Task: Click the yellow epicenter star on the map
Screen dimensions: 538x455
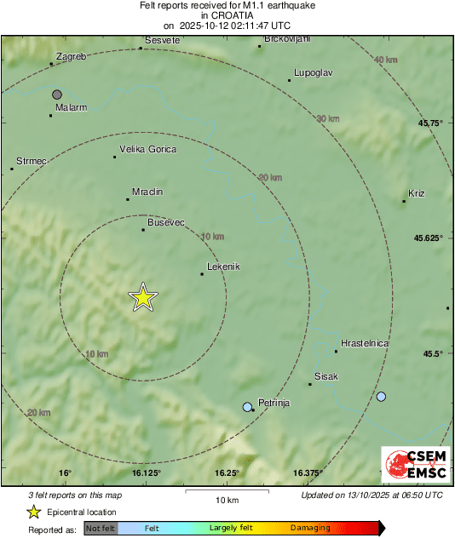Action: (143, 297)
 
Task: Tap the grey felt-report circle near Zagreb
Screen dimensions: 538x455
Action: (57, 94)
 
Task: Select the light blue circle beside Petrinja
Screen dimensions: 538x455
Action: (247, 407)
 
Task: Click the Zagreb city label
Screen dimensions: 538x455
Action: (70, 56)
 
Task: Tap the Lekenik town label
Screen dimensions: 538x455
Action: (223, 266)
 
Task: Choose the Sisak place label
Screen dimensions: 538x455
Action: (326, 376)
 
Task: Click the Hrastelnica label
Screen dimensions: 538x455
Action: (365, 343)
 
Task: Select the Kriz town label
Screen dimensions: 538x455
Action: (417, 193)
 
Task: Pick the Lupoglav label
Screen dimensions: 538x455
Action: (312, 72)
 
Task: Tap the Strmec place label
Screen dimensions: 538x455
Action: (32, 161)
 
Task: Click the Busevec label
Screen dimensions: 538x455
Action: (166, 222)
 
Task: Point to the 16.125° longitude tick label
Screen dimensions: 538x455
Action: (146, 472)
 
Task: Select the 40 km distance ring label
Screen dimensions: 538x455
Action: (386, 60)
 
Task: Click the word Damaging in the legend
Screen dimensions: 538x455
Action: (310, 528)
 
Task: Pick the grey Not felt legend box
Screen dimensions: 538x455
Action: (101, 528)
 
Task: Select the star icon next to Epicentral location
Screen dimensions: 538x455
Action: (33, 512)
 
